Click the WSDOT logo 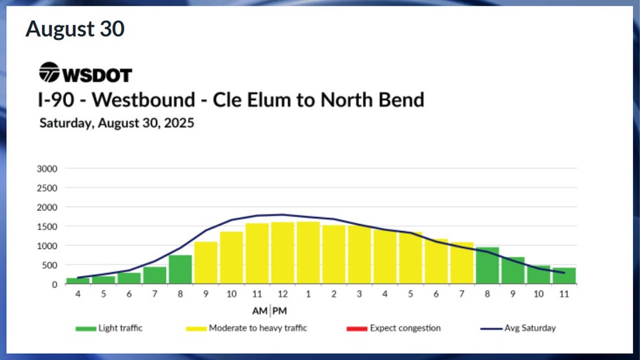coord(85,73)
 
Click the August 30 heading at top coord(75,30)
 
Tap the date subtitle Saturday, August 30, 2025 coord(117,124)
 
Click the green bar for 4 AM coord(78,280)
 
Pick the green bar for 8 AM coord(181,269)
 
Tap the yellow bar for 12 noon coord(282,253)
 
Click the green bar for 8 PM coord(487,266)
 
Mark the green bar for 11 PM coord(564,275)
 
